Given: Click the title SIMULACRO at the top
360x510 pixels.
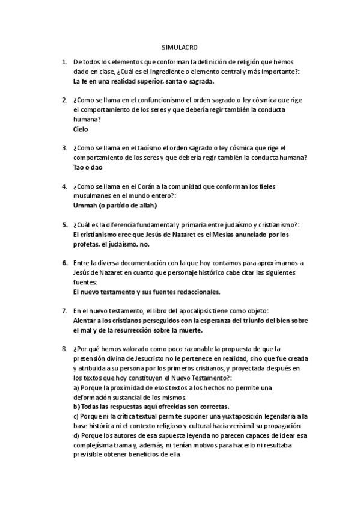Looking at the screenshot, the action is pyautogui.click(x=180, y=46).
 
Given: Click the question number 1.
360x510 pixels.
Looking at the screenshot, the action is pyautogui.click(x=64, y=62).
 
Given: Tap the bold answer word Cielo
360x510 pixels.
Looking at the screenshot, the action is pyautogui.click(x=81, y=129).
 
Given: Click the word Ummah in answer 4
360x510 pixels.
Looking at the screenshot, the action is pyautogui.click(x=85, y=206).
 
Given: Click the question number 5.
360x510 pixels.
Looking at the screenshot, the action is pyautogui.click(x=64, y=225).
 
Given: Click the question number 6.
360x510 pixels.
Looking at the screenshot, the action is pyautogui.click(x=64, y=263).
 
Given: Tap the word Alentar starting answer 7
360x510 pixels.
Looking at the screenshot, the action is pyautogui.click(x=86, y=321).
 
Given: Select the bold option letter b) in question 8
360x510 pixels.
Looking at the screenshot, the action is pyautogui.click(x=76, y=407).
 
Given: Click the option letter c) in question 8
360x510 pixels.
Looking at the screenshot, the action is pyautogui.click(x=76, y=416).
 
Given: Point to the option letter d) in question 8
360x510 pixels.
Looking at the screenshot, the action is pyautogui.click(x=76, y=435).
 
